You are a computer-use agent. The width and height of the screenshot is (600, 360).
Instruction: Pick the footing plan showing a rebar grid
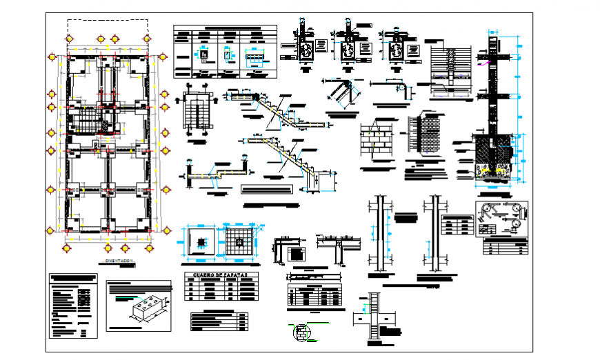(x=239, y=243)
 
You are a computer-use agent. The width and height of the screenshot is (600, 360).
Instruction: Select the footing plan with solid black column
(x=201, y=243)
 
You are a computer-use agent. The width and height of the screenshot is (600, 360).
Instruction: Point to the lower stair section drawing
(x=283, y=160)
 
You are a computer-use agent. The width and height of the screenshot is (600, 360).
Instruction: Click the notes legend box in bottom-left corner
(x=72, y=306)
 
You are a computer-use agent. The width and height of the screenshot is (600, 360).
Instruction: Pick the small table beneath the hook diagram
(x=508, y=247)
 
